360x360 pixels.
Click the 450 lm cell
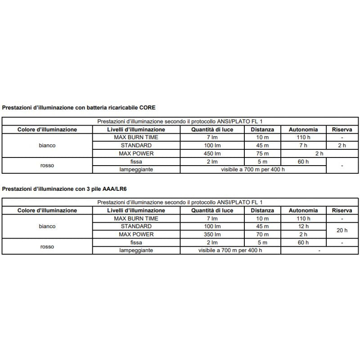click(x=211, y=154)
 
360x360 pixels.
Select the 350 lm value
click(x=211, y=234)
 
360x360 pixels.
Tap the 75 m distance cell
click(x=262, y=154)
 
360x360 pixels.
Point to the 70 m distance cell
click(x=262, y=234)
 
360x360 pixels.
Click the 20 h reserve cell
click(x=342, y=230)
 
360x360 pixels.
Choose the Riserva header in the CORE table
click(x=342, y=130)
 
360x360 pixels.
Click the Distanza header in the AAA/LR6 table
click(x=262, y=210)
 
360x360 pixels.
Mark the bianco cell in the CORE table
click(x=47, y=146)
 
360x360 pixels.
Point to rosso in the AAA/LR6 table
click(x=47, y=247)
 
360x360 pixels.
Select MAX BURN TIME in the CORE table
click(x=136, y=138)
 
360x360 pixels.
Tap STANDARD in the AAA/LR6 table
click(x=136, y=226)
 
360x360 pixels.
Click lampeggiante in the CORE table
click(x=136, y=170)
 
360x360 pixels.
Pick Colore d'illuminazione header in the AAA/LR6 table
click(x=47, y=210)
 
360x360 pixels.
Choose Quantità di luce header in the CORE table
click(x=211, y=130)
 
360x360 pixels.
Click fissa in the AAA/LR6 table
click(x=136, y=243)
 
